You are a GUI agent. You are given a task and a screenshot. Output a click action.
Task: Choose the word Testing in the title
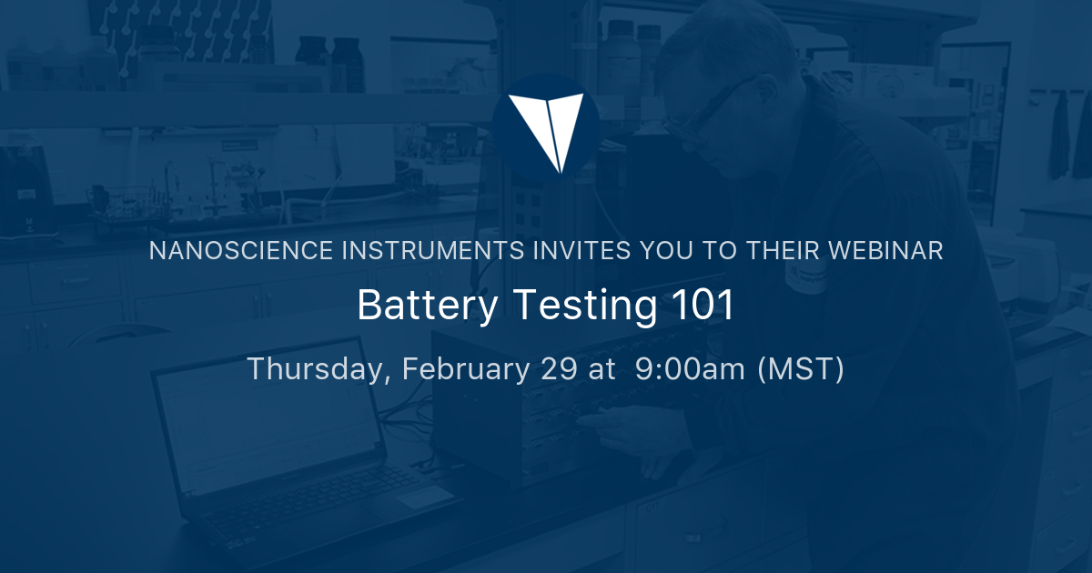(x=584, y=306)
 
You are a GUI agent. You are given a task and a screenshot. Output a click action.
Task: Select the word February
(x=461, y=370)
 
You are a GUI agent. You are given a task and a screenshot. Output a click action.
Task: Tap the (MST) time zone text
(x=801, y=370)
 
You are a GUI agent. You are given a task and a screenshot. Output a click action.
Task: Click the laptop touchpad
(x=423, y=496)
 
